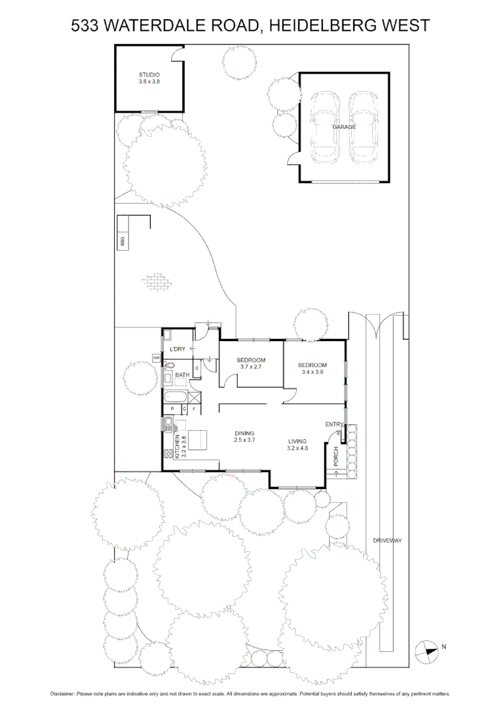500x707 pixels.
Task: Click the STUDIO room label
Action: (149, 75)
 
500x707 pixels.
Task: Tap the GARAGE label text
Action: (343, 127)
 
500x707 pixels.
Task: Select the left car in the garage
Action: (324, 127)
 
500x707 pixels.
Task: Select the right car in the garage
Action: (363, 127)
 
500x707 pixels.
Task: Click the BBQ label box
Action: (122, 241)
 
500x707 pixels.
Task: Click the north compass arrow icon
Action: (427, 650)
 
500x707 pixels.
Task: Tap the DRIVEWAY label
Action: (387, 541)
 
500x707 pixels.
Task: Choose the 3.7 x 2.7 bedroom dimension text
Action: (251, 367)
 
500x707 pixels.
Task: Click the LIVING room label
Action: (297, 441)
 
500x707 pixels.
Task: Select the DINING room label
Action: (244, 433)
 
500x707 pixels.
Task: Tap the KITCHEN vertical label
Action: (177, 445)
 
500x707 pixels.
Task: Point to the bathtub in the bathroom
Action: (175, 397)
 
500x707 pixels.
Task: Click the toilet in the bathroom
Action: (168, 368)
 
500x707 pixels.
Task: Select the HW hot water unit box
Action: (157, 358)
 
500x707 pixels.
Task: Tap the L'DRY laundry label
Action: (177, 350)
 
